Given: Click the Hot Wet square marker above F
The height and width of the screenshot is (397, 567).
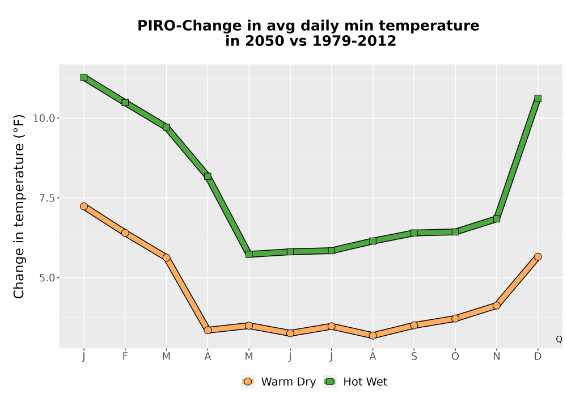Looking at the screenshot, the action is [125, 103].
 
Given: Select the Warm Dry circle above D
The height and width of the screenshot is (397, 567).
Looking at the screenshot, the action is [538, 257].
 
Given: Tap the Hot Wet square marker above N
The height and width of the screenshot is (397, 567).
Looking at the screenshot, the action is [497, 219].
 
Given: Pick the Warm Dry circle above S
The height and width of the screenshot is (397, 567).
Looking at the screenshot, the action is [414, 326].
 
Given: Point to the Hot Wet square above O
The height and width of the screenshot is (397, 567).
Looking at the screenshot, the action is [455, 232].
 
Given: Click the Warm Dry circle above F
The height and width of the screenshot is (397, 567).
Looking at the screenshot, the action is [125, 233].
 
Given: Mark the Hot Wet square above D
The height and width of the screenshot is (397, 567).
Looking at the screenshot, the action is [538, 98].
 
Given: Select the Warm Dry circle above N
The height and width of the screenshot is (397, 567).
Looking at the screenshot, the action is [497, 306].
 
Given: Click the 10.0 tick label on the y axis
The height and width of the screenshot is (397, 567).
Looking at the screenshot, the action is [44, 118].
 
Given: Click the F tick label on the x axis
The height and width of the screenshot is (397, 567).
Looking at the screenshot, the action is [125, 357].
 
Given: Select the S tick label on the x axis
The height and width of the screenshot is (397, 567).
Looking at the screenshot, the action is [414, 357].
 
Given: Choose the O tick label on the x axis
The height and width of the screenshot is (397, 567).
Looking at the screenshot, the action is [455, 357].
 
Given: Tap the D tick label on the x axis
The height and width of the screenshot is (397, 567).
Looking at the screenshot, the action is [538, 357].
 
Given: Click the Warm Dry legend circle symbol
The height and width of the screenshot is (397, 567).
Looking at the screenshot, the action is [248, 382].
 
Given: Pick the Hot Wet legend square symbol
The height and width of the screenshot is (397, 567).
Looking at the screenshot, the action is [330, 382].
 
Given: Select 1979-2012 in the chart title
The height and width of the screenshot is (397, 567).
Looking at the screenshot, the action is [354, 41].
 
